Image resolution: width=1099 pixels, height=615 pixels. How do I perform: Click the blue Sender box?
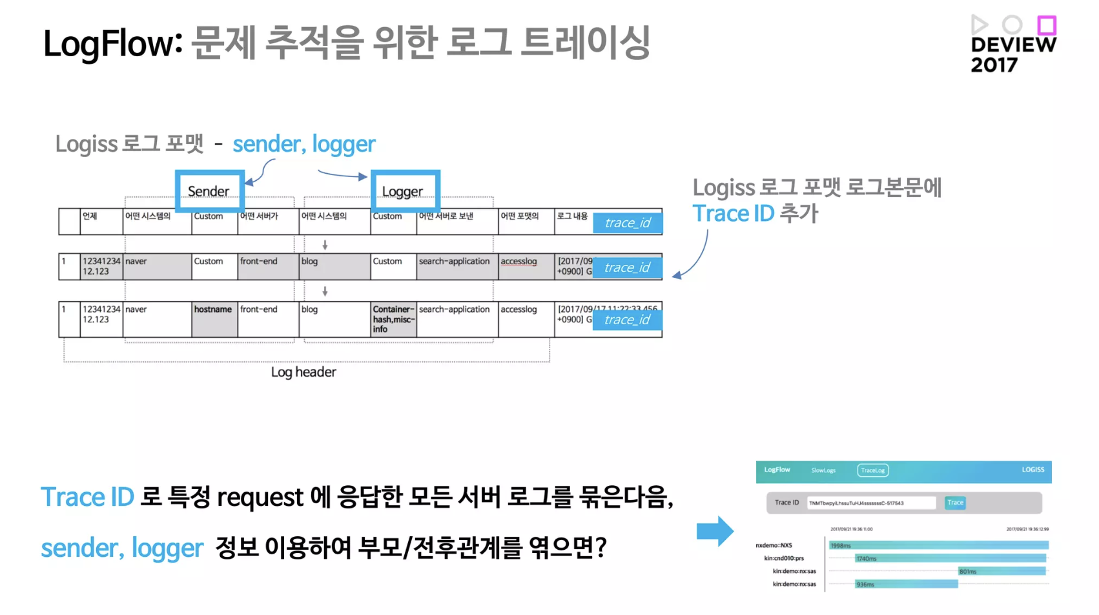(209, 191)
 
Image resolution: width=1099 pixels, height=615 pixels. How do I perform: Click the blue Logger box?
(405, 191)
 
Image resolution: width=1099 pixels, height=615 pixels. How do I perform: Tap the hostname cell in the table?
(214, 310)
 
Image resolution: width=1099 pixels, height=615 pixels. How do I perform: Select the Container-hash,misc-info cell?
(393, 319)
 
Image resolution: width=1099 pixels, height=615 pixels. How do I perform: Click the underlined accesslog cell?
(519, 262)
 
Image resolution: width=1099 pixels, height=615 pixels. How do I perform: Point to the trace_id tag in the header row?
(628, 223)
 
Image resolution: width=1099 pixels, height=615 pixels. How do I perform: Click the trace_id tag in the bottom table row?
(628, 320)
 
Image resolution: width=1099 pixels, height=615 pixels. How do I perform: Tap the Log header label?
(303, 372)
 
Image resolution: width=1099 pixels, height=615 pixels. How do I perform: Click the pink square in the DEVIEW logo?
(1047, 25)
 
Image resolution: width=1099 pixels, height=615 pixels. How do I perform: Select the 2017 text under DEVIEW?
(994, 65)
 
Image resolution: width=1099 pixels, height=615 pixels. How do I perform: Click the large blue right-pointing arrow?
(715, 531)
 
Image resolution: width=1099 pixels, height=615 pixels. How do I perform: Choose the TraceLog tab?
(873, 470)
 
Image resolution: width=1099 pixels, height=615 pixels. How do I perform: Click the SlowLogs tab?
(823, 470)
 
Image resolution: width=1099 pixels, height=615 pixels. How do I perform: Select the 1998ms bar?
(938, 545)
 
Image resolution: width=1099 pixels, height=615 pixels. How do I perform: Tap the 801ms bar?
(1001, 571)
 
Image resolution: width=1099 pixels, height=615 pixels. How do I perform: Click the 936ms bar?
(906, 584)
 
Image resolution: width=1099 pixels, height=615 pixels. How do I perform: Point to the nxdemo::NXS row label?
(774, 545)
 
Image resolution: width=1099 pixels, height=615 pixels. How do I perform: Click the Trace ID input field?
(871, 503)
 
